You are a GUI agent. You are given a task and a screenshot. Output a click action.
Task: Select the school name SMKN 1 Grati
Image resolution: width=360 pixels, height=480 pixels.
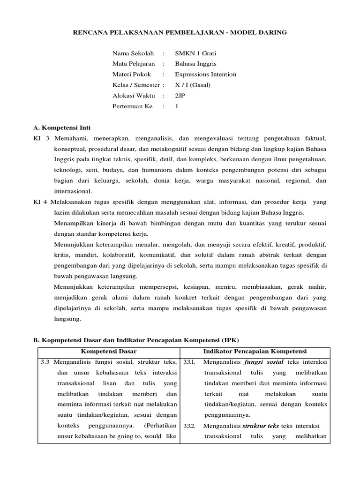point(195,53)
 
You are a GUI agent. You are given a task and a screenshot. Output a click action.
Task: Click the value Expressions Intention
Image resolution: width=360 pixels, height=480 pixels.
point(205,74)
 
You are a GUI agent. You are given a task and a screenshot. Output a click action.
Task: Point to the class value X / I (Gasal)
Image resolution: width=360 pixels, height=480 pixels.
point(193,85)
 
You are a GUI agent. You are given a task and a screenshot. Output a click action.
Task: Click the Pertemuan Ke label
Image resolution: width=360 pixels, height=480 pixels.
point(133,106)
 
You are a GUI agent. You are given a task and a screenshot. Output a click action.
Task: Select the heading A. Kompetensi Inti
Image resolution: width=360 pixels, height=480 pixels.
point(62,127)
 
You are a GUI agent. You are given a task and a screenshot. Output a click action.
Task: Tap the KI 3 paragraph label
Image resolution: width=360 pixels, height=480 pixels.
point(41,139)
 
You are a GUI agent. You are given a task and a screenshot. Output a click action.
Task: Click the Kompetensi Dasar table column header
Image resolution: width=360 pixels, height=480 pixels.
point(107,351)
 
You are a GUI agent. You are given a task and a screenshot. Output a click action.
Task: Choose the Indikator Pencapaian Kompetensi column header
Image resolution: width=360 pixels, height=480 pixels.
point(255,351)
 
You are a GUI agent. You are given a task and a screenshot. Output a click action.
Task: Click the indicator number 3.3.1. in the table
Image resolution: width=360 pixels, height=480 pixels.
point(189,362)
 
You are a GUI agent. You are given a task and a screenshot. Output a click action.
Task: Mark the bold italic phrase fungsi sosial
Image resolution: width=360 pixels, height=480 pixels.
point(264,362)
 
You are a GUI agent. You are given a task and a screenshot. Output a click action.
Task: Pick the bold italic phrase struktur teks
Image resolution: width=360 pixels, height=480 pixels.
point(261,426)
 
